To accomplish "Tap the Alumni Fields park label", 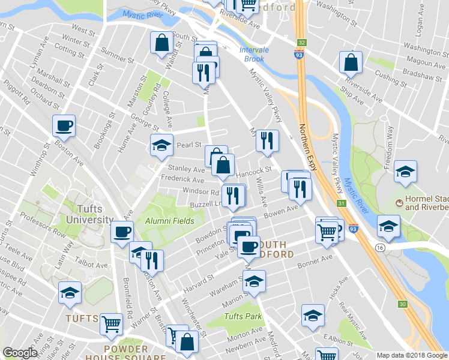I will coord(170,221).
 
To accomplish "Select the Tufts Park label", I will coord(243,316).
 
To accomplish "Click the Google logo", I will coord(20,353).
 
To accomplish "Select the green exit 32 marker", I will coord(302,43).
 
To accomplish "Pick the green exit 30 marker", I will coord(402,305).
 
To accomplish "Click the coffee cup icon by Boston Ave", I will coord(64,126).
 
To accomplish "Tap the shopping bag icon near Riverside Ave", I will coord(351,62).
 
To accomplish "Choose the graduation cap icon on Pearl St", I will coord(161,146).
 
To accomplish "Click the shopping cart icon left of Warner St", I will coord(111,324).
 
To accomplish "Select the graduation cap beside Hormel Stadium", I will coord(406,172).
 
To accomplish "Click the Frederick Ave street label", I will coord(187,179).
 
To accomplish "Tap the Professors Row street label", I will coord(37,231).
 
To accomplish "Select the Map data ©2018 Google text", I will coord(411,355).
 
